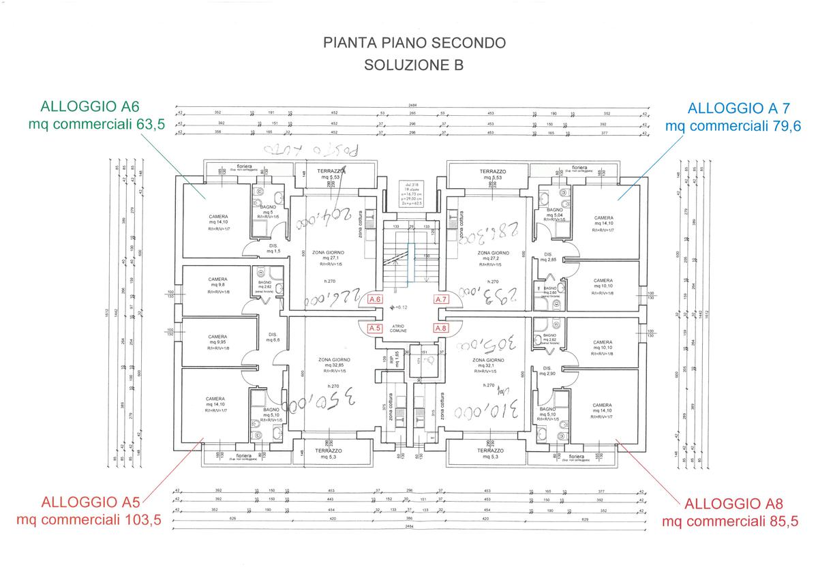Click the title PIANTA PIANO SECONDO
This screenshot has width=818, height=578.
(414, 43)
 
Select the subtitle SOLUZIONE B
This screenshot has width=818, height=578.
(414, 65)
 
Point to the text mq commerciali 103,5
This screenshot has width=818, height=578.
(88, 520)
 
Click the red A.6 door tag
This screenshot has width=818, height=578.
(374, 299)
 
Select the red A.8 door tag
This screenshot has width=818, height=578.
(441, 328)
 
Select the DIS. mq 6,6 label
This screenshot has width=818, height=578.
(272, 337)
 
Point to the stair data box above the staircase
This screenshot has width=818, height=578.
(410, 194)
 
